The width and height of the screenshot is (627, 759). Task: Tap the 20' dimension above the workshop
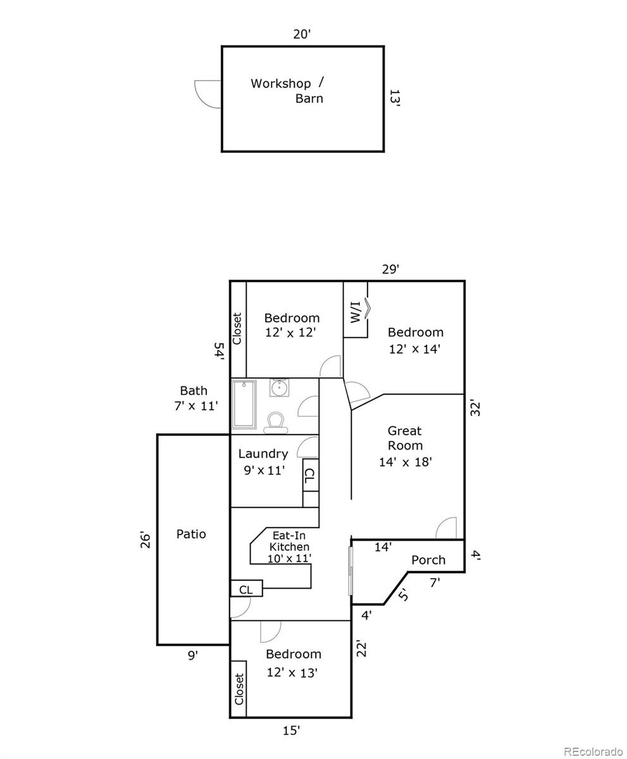pyautogui.click(x=302, y=34)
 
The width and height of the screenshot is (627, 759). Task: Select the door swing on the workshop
pyautogui.click(x=208, y=94)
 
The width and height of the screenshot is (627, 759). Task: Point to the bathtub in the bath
pyautogui.click(x=244, y=405)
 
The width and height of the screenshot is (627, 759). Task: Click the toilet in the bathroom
pyautogui.click(x=275, y=422)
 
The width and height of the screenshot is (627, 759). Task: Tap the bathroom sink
pyautogui.click(x=279, y=387)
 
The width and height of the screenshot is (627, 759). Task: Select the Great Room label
pyautogui.click(x=405, y=438)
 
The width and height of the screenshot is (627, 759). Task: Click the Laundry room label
pyautogui.click(x=263, y=454)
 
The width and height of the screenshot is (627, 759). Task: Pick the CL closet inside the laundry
pyautogui.click(x=309, y=478)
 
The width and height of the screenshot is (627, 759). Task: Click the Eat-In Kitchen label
pyautogui.click(x=290, y=546)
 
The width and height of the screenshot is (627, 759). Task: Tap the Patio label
pyautogui.click(x=191, y=534)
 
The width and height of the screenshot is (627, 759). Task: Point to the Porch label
pyautogui.click(x=428, y=560)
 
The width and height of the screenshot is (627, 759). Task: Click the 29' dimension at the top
pyautogui.click(x=390, y=269)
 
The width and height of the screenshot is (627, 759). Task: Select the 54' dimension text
pyautogui.click(x=219, y=350)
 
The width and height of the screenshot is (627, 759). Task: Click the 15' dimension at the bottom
pyautogui.click(x=291, y=731)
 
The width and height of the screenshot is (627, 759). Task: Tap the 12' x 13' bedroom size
pyautogui.click(x=292, y=672)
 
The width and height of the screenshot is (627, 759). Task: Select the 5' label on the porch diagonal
pyautogui.click(x=403, y=595)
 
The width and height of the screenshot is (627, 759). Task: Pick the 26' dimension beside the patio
pyautogui.click(x=146, y=540)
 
